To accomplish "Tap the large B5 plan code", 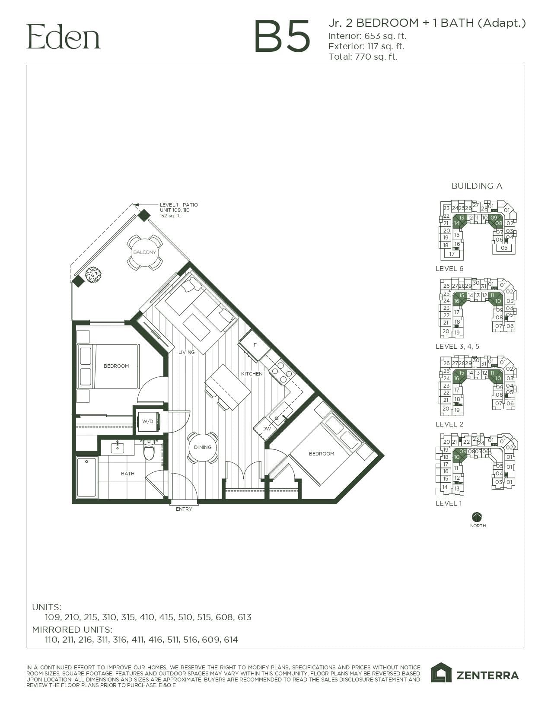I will [282, 37].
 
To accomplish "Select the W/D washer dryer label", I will [148, 421].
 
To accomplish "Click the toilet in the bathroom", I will [149, 451].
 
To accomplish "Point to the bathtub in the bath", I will [86, 477].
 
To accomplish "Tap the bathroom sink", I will [117, 448].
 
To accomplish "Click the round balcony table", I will [144, 252].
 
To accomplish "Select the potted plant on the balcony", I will [93, 274].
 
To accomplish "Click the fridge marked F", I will [255, 345].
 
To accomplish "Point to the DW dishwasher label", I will [266, 429].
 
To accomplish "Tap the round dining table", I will [202, 447].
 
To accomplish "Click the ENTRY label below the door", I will [184, 509].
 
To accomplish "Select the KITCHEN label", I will [252, 374].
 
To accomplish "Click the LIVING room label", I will [187, 352].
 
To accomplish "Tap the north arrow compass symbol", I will [477, 517].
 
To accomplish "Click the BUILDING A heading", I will [477, 186].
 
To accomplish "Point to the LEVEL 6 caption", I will [449, 269].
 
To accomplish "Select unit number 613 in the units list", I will [244, 617].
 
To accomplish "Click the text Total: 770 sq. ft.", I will [363, 57].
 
